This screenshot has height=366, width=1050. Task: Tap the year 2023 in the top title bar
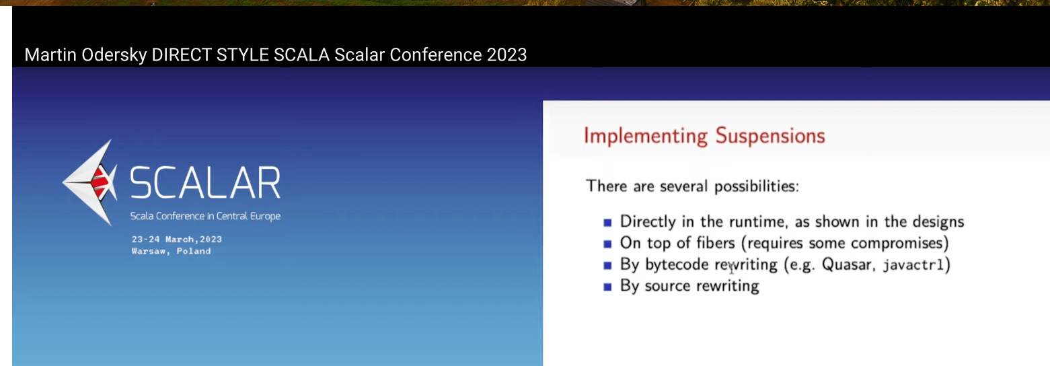[507, 54]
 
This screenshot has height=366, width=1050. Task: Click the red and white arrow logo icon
[90, 182]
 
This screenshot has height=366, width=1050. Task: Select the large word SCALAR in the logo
[205, 183]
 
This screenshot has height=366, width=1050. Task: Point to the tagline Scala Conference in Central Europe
[205, 216]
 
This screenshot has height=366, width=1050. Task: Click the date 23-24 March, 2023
[177, 240]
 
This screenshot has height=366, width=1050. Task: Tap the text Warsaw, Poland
[171, 251]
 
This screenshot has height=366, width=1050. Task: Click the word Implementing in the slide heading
[646, 137]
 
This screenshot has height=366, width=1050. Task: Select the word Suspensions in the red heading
[770, 136]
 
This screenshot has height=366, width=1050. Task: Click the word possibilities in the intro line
[757, 186]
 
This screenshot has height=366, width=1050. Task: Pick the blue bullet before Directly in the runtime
[607, 223]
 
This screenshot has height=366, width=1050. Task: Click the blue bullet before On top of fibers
[607, 244]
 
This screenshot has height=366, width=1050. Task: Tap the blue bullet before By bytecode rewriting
[607, 265]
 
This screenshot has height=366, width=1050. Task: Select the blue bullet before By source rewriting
[607, 287]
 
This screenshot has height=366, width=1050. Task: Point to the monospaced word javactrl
[913, 265]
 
